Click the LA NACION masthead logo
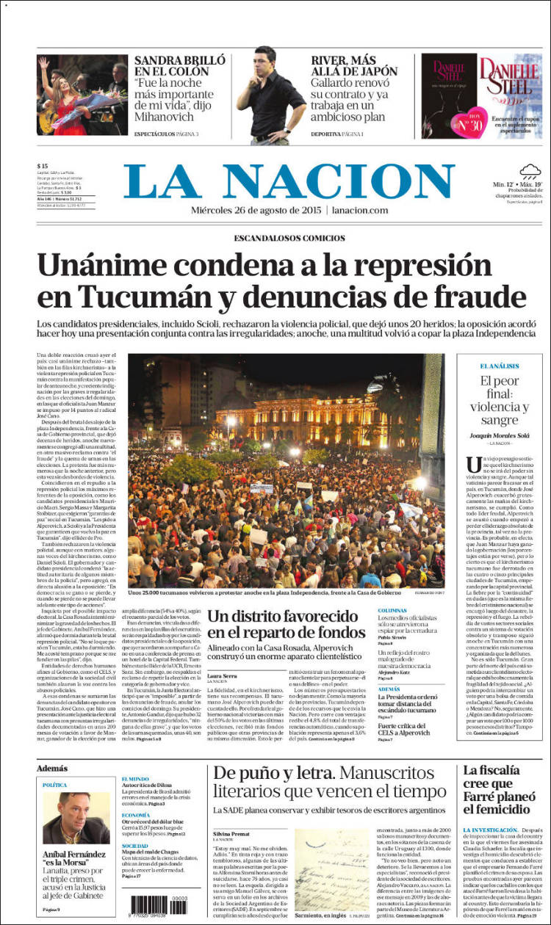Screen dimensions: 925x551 [289, 181]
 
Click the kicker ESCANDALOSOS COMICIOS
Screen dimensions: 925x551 [289, 239]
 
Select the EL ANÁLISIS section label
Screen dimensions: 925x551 [500, 366]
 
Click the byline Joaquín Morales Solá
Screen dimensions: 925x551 [500, 435]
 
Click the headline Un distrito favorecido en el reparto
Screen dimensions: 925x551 [285, 624]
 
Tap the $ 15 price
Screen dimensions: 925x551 [43, 166]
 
